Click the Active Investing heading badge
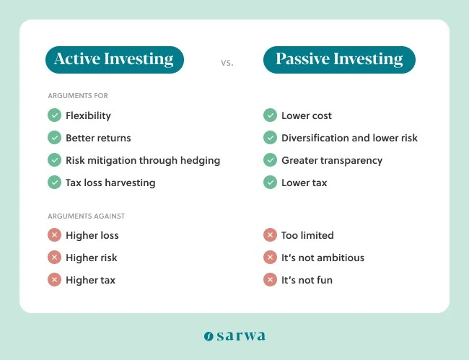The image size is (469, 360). (x=114, y=60)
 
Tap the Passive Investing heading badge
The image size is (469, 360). (x=339, y=60)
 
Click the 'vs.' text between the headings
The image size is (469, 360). (x=227, y=63)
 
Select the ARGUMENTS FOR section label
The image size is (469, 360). (x=78, y=96)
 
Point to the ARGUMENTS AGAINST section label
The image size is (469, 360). (x=87, y=216)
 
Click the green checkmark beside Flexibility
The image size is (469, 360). (x=54, y=115)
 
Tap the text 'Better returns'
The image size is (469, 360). (x=98, y=138)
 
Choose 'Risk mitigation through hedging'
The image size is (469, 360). (x=142, y=160)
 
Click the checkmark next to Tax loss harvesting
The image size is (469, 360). (x=54, y=183)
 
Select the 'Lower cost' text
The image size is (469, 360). (x=306, y=115)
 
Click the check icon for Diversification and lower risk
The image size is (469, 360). (x=270, y=138)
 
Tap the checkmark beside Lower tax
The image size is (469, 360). (x=270, y=183)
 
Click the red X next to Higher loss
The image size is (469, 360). (x=54, y=235)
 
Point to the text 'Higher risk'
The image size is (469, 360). (x=91, y=258)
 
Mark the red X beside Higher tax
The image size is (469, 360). (x=54, y=280)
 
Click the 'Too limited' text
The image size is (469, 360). (x=307, y=235)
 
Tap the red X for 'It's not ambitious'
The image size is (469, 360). (x=270, y=258)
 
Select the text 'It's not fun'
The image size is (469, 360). (x=307, y=280)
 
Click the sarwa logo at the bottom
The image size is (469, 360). (x=234, y=335)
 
